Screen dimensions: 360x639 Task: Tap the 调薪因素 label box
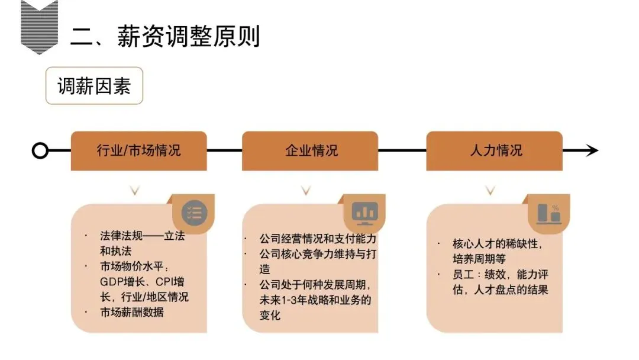coord(94,86)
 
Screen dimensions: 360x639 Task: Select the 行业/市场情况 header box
coord(138,150)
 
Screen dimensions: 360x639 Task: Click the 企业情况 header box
coord(310,150)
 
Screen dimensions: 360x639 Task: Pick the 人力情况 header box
coord(495,150)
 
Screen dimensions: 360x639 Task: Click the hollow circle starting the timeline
coord(40,150)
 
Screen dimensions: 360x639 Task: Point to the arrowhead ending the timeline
coord(592,150)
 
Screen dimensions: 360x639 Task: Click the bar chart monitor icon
coord(365,211)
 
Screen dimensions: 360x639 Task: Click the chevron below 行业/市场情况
coord(135,190)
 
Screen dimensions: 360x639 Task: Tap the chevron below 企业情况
coord(305,190)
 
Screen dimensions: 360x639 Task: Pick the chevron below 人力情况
coord(490,190)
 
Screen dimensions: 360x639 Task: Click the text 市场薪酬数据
coord(131,312)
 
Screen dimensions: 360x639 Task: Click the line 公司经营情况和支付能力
coord(318,239)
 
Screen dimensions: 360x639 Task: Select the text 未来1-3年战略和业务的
coord(315,300)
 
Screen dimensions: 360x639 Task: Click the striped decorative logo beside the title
coord(40,27)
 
